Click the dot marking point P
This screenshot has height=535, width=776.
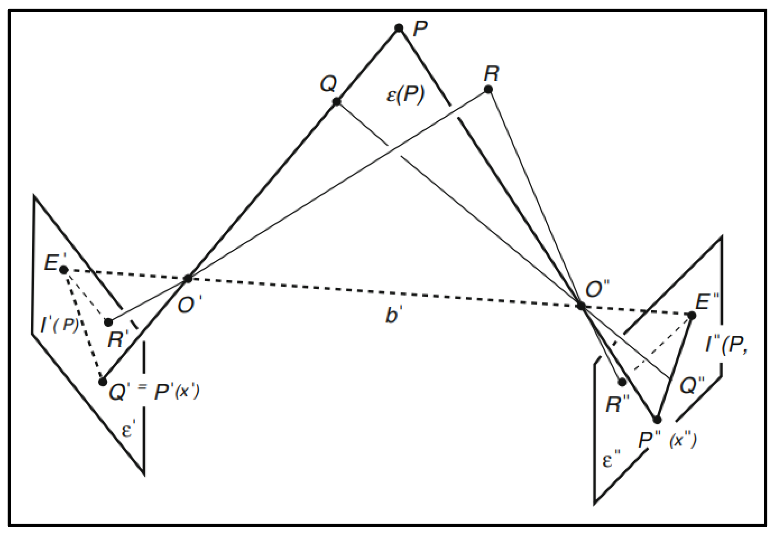point(399,28)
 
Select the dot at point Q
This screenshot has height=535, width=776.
point(336,102)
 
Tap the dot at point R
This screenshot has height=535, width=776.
point(488,90)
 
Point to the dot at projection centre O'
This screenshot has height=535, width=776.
point(188,278)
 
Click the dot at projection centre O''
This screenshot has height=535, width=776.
point(581,306)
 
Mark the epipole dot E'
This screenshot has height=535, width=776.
point(63,270)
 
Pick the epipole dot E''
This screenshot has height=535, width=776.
point(692,315)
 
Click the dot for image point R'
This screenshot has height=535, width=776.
point(108,322)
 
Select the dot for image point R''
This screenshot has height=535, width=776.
point(622,382)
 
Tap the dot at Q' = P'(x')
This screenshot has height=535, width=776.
point(103,382)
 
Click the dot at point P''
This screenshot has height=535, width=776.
point(657,420)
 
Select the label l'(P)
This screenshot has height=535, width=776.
point(59,325)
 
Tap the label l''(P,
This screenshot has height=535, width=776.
point(726,344)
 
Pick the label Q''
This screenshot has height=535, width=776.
point(692,385)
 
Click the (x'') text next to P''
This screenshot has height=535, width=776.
point(683,441)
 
